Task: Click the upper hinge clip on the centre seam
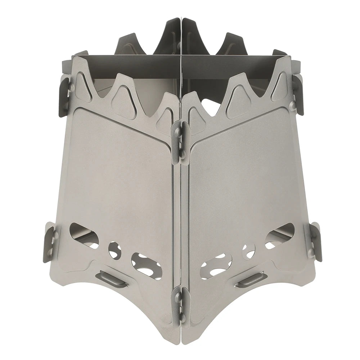[180, 140]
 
